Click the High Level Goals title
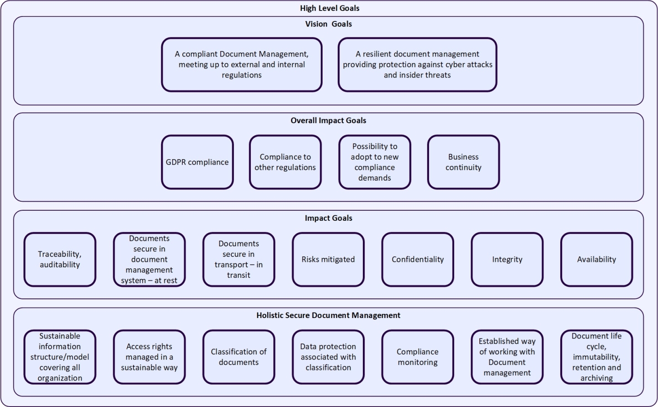(329, 8)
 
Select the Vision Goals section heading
(329, 24)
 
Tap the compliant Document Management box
(242, 65)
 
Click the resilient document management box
(417, 65)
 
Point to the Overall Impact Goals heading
(329, 120)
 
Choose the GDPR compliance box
(197, 162)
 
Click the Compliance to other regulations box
(285, 162)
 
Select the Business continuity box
(463, 162)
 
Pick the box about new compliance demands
(375, 162)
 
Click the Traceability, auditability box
(60, 259)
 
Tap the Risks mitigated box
(328, 259)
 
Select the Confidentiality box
(418, 259)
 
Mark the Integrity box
(507, 259)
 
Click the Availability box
(596, 259)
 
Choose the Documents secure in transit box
(239, 259)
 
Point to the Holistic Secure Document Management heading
(328, 315)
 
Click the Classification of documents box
(239, 357)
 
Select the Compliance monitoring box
(418, 357)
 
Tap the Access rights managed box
(149, 357)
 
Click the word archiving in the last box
(596, 378)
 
